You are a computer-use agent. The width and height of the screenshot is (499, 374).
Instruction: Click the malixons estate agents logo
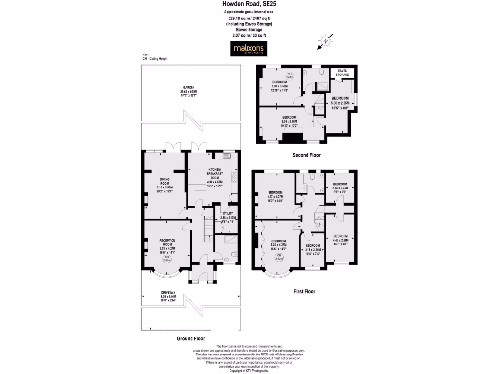tap(249, 49)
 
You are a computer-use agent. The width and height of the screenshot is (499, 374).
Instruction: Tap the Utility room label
tap(228, 217)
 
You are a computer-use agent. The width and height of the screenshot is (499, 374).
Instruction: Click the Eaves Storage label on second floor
tap(343, 73)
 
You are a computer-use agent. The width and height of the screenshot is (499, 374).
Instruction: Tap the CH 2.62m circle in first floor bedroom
tap(278, 257)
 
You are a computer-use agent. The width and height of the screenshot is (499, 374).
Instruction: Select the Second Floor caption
tap(306, 155)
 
